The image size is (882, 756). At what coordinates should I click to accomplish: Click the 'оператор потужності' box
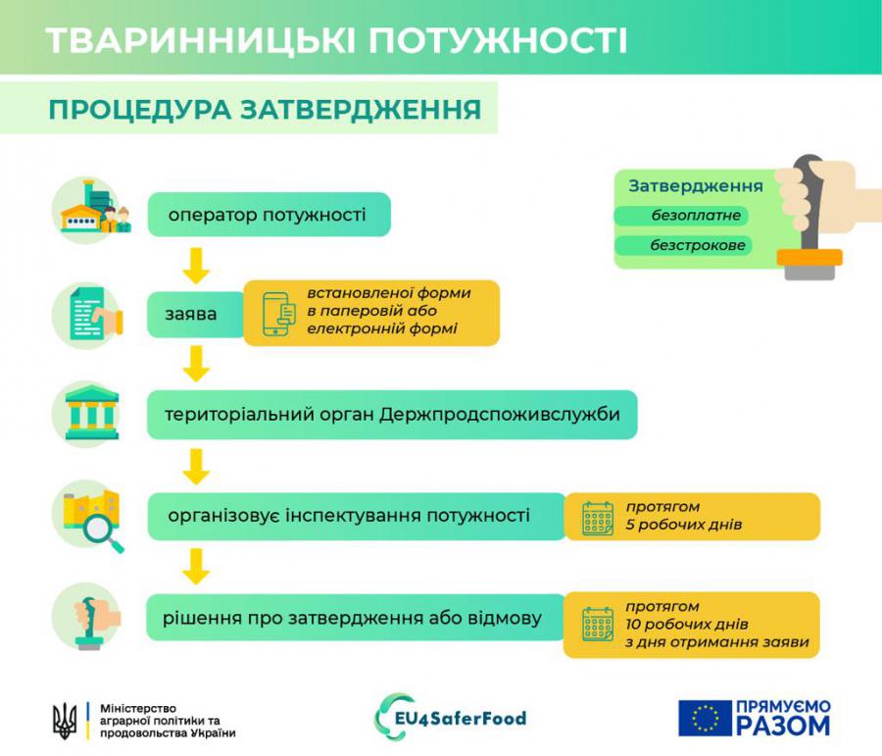[x=269, y=215]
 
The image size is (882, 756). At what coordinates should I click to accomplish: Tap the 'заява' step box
[x=196, y=314]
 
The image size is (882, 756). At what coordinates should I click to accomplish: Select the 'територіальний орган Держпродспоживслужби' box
[x=392, y=415]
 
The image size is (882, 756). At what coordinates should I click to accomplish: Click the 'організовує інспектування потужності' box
[x=356, y=516]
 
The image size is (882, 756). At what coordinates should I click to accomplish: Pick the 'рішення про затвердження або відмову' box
[x=356, y=618]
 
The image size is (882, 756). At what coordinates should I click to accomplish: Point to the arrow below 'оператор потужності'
[x=196, y=265]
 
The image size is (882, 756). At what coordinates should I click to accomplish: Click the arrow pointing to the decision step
[x=196, y=567]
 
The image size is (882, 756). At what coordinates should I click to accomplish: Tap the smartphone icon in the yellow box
[x=278, y=314]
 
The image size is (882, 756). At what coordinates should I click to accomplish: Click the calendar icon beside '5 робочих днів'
[x=598, y=519]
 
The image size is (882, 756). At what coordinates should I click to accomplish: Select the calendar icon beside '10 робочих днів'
[x=598, y=624]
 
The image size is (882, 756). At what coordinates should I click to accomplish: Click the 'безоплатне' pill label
[x=682, y=215]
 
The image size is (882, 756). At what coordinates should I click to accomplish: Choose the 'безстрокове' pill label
[x=683, y=245]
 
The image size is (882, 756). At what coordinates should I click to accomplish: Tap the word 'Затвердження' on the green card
[x=696, y=186]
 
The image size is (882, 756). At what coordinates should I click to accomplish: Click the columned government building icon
[x=92, y=412]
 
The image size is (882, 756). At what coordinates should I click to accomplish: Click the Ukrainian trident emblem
[x=65, y=721]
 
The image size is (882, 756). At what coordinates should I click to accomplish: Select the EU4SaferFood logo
[x=451, y=717]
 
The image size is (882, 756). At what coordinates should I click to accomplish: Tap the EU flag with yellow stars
[x=705, y=718]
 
